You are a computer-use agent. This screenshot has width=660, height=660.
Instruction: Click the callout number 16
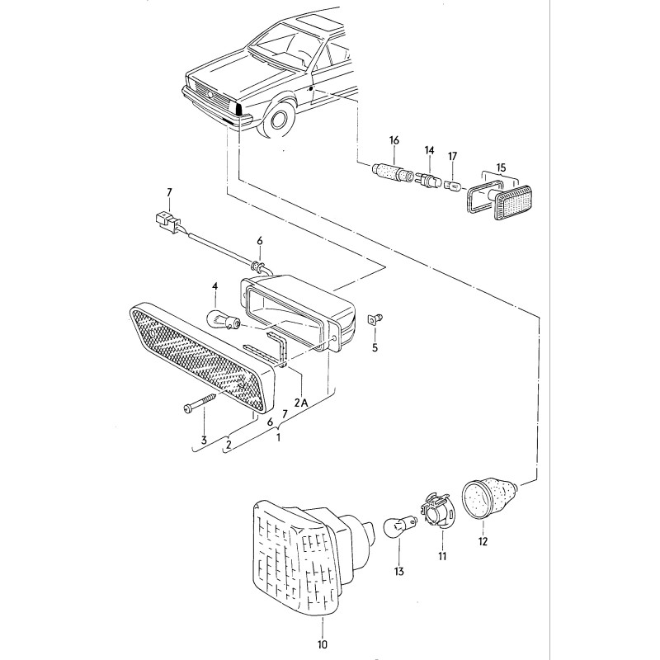[x=394, y=142]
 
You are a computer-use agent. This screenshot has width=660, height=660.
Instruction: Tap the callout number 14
[x=429, y=150]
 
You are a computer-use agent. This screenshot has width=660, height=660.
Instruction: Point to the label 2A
[x=301, y=403]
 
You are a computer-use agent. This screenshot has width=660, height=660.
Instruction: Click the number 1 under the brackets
[x=279, y=438]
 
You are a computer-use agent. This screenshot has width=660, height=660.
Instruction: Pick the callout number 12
[x=483, y=542]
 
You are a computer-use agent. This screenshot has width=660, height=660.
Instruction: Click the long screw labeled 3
[x=196, y=405]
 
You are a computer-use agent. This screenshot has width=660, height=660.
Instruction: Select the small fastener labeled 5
[x=375, y=318]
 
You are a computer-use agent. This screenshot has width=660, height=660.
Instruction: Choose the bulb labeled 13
[x=398, y=527]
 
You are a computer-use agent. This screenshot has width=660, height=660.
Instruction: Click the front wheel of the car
[x=279, y=118]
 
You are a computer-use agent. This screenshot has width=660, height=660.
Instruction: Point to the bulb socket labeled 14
[x=428, y=179]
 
